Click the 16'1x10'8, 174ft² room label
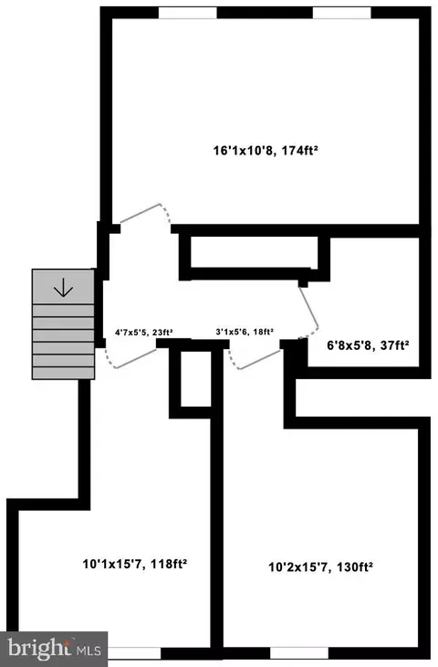click(266, 151)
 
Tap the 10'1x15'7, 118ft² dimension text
click(135, 564)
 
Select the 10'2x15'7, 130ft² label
click(321, 567)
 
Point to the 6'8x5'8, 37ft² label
click(368, 345)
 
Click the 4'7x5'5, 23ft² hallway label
click(143, 333)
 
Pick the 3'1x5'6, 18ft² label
click(245, 332)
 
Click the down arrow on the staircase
click(63, 287)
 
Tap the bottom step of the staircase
click(63, 373)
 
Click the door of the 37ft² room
click(308, 311)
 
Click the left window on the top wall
click(188, 13)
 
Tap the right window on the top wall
click(342, 13)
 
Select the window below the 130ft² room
click(299, 653)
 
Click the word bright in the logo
click(39, 648)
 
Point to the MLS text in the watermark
click(89, 650)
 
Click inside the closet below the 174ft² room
click(254, 252)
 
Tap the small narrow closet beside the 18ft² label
click(196, 378)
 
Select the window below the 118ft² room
click(134, 653)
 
